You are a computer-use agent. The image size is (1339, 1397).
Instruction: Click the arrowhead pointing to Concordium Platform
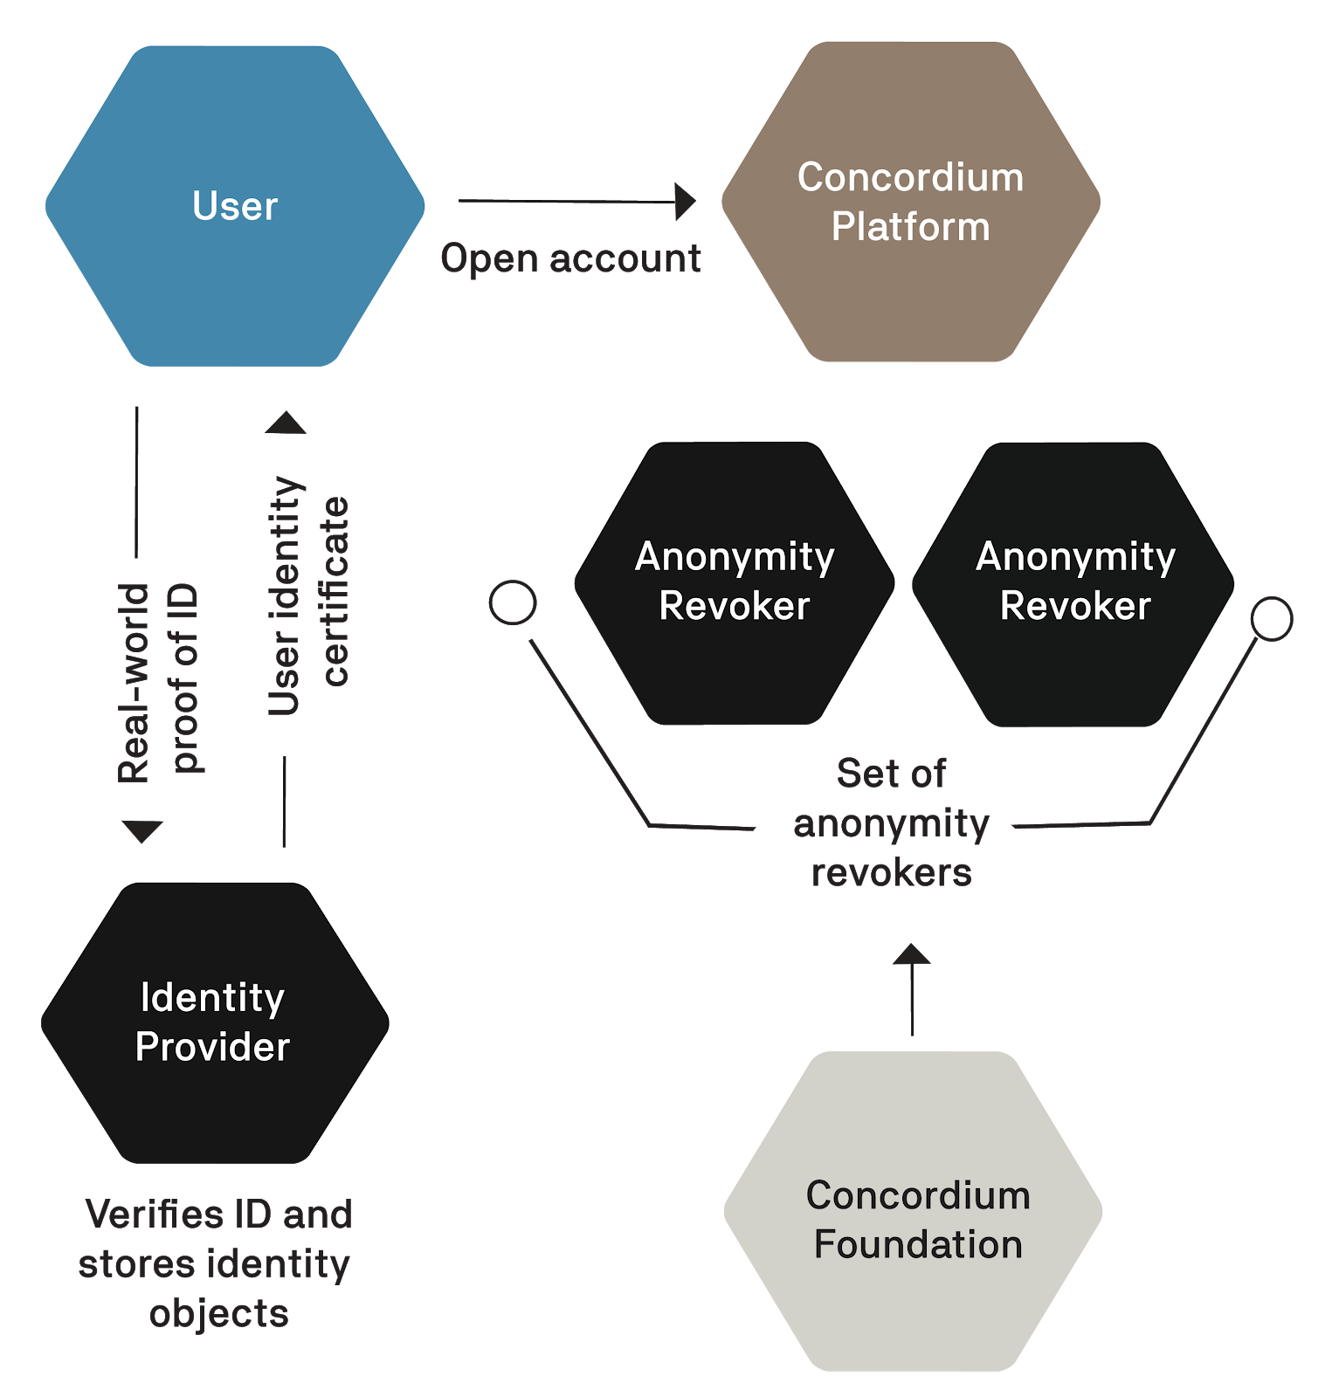click(x=686, y=202)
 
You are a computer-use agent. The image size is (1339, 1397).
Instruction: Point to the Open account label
click(x=571, y=258)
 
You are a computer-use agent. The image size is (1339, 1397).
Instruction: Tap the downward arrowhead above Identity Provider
click(x=142, y=831)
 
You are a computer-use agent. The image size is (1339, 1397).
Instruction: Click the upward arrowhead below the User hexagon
click(x=286, y=423)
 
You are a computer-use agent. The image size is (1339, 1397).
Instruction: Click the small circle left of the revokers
click(x=513, y=602)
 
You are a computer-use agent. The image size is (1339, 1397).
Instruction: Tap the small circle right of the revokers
click(x=1271, y=618)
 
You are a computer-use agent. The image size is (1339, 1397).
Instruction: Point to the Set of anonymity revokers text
click(x=891, y=822)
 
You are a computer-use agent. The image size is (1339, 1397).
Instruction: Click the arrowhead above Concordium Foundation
click(x=911, y=954)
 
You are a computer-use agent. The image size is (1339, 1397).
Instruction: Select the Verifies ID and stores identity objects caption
click(x=217, y=1263)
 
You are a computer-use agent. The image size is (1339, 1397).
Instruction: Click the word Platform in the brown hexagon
click(x=911, y=227)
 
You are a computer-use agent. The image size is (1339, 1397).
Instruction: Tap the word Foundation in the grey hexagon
click(x=918, y=1245)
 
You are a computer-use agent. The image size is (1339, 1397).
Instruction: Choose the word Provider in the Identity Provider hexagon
click(x=212, y=1047)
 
